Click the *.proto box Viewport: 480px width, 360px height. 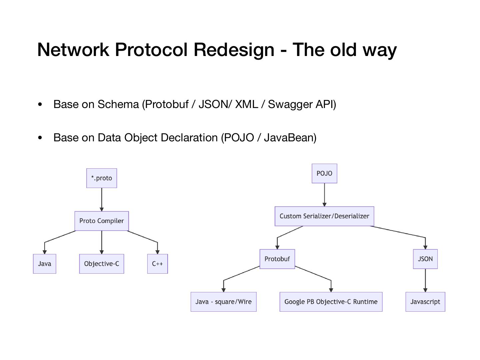101,178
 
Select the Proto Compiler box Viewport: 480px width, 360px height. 101,221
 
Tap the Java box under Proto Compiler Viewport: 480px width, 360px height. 44,264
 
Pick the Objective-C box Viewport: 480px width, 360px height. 101,264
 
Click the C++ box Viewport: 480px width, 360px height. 157,264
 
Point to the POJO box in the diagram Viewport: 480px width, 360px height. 324,173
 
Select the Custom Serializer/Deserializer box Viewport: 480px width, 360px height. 324,216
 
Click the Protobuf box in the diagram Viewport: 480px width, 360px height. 277,259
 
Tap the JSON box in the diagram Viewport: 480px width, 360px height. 425,259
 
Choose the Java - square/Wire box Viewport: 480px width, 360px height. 223,302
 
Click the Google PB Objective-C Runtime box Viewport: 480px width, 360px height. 331,302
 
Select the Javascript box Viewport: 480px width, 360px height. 425,302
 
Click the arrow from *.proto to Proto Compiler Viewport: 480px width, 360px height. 101,200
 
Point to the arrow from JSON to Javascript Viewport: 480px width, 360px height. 425,280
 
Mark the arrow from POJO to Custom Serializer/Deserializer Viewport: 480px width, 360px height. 324,195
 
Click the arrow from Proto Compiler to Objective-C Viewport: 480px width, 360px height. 101,242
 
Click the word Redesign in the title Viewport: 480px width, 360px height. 234,50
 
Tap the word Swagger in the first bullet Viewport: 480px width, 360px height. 290,104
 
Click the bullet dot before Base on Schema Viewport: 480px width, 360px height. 40,104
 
